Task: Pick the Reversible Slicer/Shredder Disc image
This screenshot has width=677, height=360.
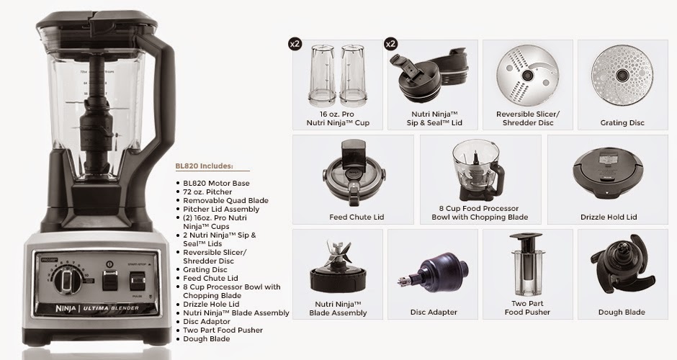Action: (527, 74)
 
